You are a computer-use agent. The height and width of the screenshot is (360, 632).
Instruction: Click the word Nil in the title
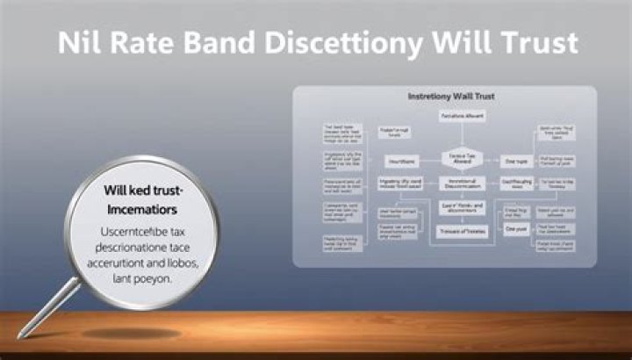(x=80, y=44)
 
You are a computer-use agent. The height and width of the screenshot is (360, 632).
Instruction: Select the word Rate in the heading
(x=150, y=44)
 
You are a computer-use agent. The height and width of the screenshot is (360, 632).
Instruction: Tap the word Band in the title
(x=236, y=44)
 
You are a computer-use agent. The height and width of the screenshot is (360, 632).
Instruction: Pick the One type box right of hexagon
(x=515, y=162)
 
